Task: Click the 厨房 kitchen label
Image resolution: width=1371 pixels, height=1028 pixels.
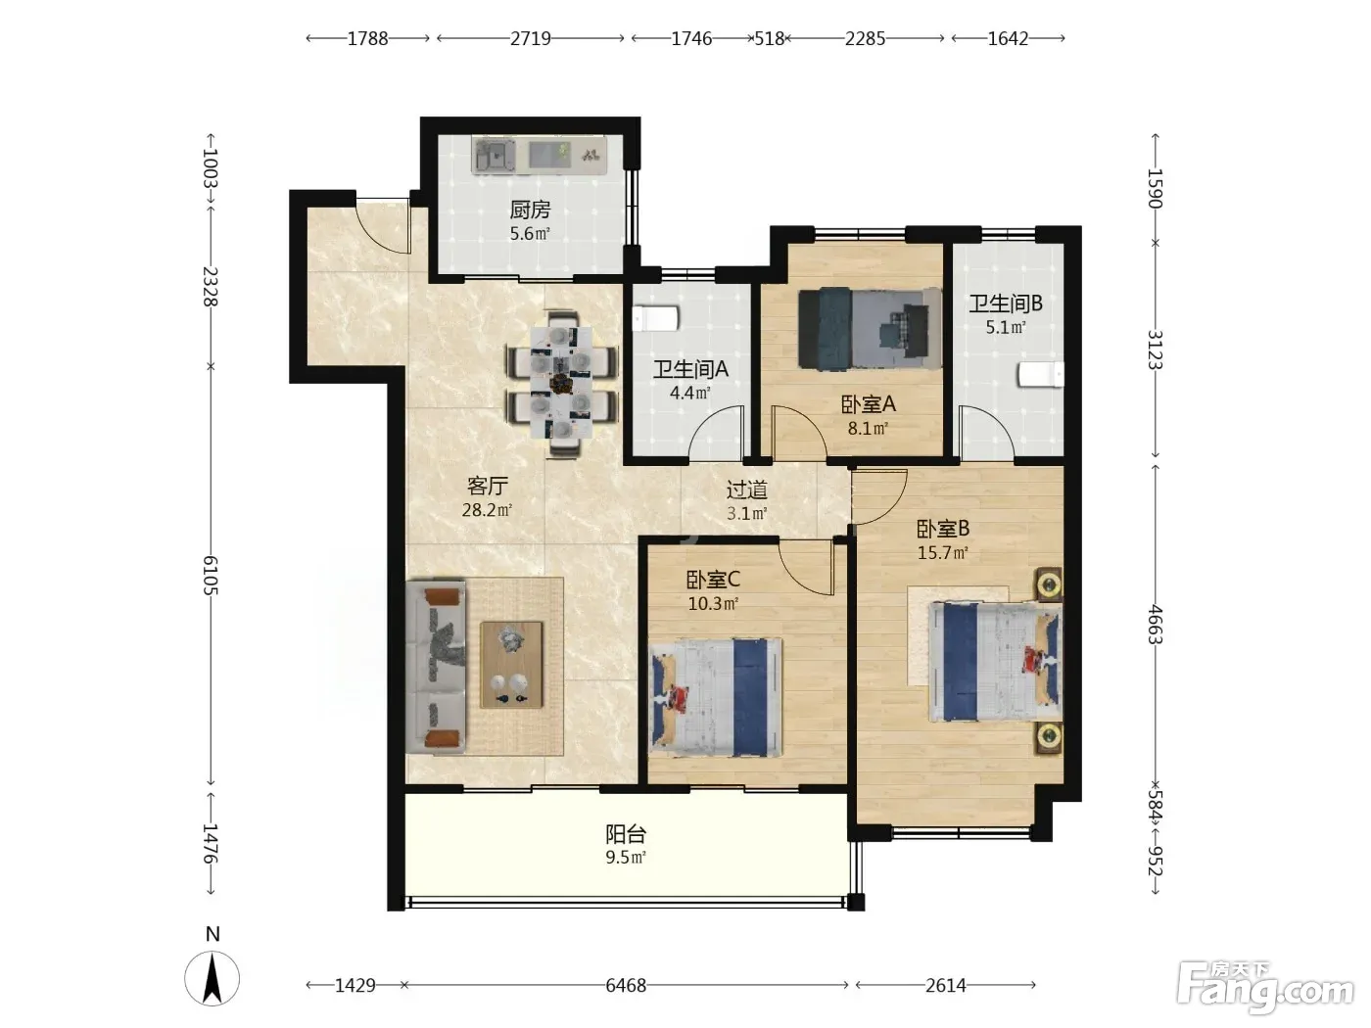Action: tap(530, 210)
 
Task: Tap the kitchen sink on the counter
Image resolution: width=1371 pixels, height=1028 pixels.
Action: tap(496, 156)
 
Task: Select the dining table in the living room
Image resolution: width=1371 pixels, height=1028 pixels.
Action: tap(561, 382)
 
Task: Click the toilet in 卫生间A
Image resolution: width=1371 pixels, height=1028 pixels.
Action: tap(655, 318)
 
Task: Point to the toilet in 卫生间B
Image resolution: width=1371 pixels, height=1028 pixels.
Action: tap(1041, 374)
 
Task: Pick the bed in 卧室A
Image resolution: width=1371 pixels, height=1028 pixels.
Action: tap(870, 328)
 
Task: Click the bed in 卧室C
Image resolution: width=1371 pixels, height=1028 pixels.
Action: tap(716, 696)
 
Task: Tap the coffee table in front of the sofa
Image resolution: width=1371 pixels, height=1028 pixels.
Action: tap(511, 664)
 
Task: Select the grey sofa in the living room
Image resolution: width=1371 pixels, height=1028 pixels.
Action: tap(436, 666)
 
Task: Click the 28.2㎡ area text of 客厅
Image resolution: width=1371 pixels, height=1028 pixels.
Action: tap(487, 510)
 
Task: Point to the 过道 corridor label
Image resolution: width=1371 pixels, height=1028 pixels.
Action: tap(746, 490)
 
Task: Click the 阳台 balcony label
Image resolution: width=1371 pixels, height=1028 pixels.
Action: tap(625, 834)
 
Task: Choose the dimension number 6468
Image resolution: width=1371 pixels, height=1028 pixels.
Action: tap(625, 985)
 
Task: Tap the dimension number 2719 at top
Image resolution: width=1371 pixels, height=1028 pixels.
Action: tap(531, 39)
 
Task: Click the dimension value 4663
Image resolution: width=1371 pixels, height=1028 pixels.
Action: tap(1156, 625)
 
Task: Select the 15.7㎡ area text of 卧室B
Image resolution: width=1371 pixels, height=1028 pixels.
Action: tap(942, 552)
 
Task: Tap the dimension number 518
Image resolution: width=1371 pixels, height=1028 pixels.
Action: tap(769, 39)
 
